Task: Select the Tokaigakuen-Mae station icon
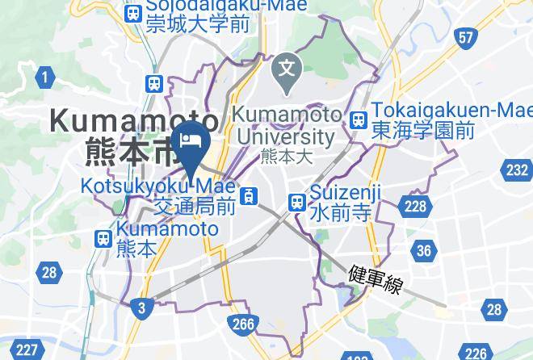pyautogui.click(x=359, y=119)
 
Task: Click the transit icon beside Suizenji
pyautogui.click(x=297, y=201)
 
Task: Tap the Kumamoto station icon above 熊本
pyautogui.click(x=103, y=238)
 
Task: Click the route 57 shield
pyautogui.click(x=465, y=38)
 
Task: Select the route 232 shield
pyautogui.click(x=517, y=170)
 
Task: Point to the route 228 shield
pyautogui.click(x=415, y=207)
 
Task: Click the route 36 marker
pyautogui.click(x=424, y=251)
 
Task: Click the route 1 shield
pyautogui.click(x=45, y=77)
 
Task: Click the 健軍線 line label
pyautogui.click(x=376, y=279)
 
